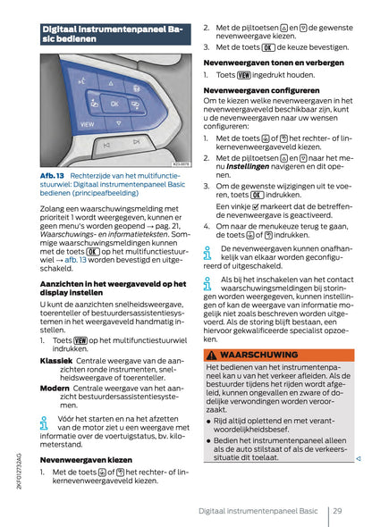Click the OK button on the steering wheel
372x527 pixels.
114,103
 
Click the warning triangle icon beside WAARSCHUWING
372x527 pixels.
212,355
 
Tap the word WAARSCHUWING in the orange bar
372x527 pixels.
258,355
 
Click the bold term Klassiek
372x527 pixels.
55,360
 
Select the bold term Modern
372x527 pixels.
55,389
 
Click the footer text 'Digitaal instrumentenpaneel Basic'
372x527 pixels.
258,511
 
